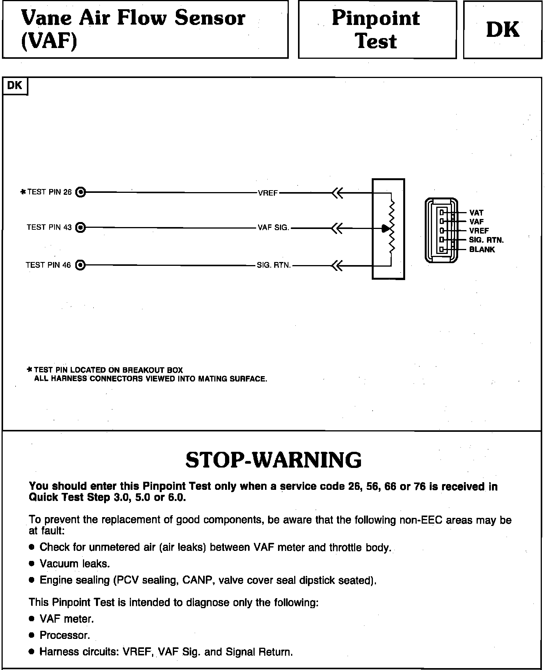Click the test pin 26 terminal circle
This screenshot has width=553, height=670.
tap(80, 192)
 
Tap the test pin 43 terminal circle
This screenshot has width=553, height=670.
tap(80, 228)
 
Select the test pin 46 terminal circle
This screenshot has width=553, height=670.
tap(80, 265)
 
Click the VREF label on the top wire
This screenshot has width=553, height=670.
tap(268, 193)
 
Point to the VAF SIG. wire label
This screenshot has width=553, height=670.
tap(273, 227)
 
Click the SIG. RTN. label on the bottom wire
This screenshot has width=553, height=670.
tap(274, 265)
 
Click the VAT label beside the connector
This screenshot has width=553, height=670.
tap(476, 212)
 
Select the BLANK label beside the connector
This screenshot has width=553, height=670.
tap(482, 249)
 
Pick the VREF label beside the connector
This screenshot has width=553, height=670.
tap(479, 231)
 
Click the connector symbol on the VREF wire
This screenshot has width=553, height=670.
tap(337, 193)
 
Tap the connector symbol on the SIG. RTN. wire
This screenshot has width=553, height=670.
tap(337, 265)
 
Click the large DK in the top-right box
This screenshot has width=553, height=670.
tap(502, 30)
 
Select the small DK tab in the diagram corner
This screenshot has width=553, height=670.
tap(15, 85)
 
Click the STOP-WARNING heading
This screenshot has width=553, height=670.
tap(273, 459)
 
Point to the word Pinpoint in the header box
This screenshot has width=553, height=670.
tap(376, 18)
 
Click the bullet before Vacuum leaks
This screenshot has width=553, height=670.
tap(32, 564)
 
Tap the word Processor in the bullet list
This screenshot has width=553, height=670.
tap(65, 635)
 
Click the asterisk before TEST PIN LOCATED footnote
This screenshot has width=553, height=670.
tap(30, 370)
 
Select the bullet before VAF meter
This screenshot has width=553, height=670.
tap(32, 619)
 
